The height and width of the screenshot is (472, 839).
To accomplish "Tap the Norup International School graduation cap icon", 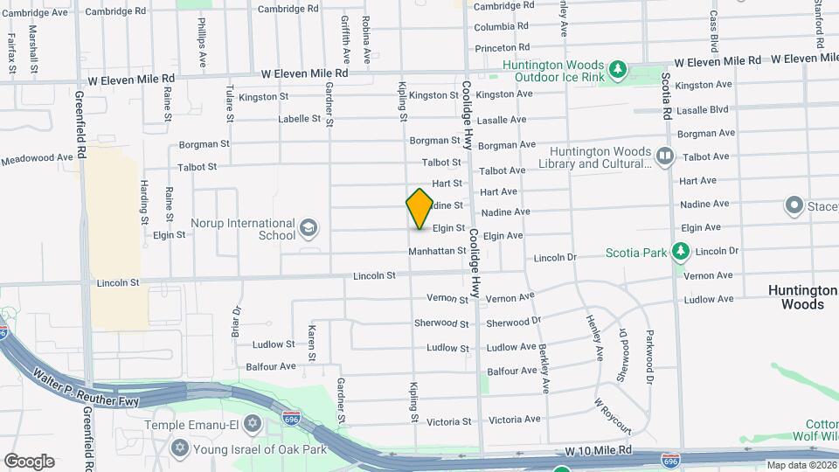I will [x=308, y=229].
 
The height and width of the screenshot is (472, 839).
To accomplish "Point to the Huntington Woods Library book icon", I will [x=665, y=156].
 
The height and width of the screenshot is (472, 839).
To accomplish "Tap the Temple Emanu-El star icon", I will [x=253, y=425].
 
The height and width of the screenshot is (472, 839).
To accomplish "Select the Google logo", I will [x=29, y=461].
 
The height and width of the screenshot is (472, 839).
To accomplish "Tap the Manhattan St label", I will [x=437, y=251].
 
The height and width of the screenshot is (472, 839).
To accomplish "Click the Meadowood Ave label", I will [x=37, y=159].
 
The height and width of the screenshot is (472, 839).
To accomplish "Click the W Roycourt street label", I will [x=613, y=417].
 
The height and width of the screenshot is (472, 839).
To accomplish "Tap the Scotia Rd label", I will [x=666, y=96].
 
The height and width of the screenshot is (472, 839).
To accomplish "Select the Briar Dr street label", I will [x=236, y=323].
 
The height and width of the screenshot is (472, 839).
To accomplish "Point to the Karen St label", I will [x=312, y=343].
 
